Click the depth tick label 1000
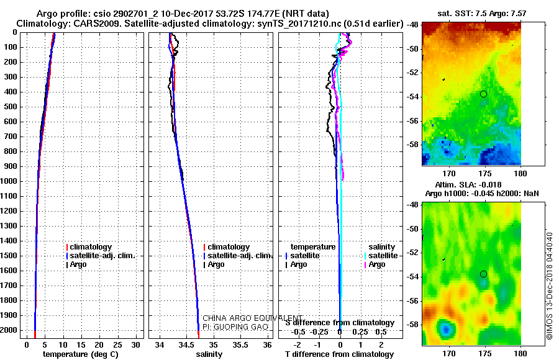(x=9, y=181)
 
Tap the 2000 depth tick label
(x=9, y=330)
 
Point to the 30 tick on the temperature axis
(x=135, y=345)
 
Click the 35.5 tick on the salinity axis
(x=240, y=345)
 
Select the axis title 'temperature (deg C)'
(x=81, y=354)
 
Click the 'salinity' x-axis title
(x=209, y=354)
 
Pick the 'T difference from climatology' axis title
(x=339, y=354)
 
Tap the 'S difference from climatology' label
(x=340, y=323)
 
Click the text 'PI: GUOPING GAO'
(x=235, y=327)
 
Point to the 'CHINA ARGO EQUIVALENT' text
(x=252, y=318)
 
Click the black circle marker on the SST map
(x=483, y=94)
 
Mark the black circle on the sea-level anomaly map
(x=483, y=274)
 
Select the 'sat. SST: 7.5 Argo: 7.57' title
(x=481, y=14)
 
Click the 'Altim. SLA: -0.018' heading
(x=468, y=185)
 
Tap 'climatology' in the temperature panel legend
(x=91, y=247)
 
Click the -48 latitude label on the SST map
(x=414, y=25)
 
